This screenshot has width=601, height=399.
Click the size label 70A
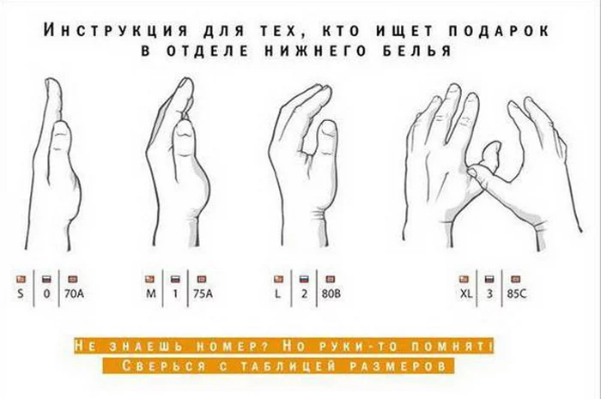[x=74, y=294]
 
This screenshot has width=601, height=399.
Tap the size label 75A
[x=203, y=294]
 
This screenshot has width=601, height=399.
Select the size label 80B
[x=331, y=294]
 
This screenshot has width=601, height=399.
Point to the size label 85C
[x=517, y=294]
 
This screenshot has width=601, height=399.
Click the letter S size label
[x=21, y=294]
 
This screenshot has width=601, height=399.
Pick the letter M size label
[x=150, y=294]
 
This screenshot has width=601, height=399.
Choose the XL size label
[x=465, y=294]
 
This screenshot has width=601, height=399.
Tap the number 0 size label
[x=46, y=294]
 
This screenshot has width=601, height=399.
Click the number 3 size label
[x=489, y=294]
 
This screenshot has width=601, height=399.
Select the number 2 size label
[x=304, y=294]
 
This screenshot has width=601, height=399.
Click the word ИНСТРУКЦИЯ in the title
[x=115, y=31]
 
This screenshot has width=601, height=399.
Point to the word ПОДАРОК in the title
[x=499, y=31]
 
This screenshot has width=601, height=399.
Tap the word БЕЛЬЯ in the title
[x=417, y=51]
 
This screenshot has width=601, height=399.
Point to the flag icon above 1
[x=175, y=279]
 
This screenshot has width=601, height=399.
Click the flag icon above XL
[x=464, y=279]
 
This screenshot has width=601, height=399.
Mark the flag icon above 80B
[x=330, y=279]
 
